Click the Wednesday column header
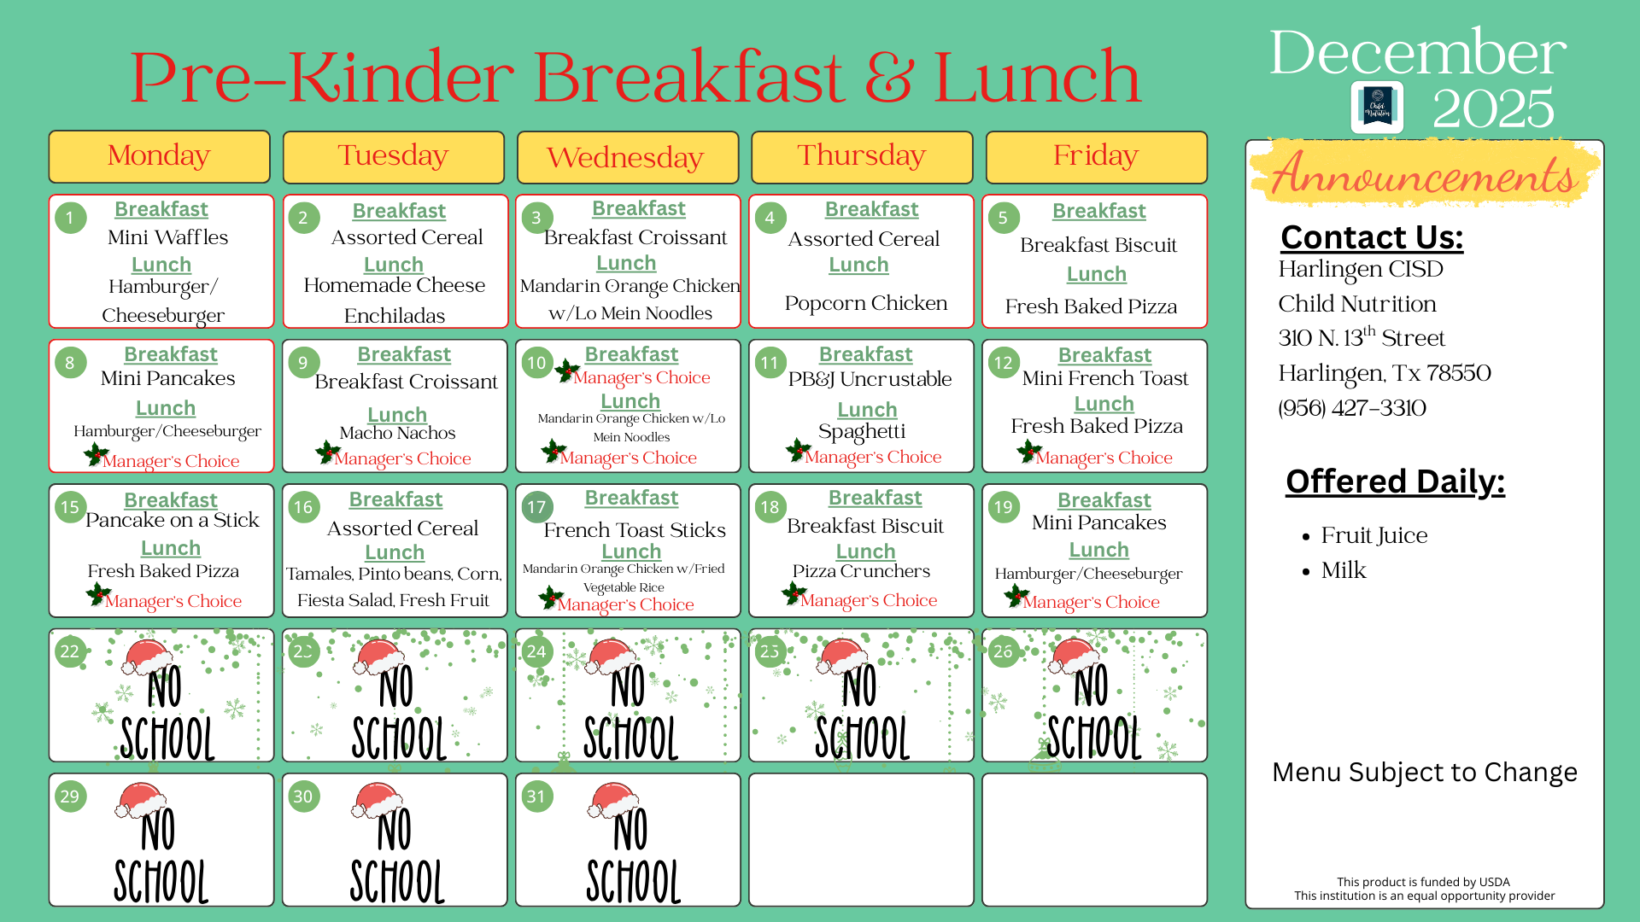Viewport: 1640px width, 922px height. click(x=626, y=157)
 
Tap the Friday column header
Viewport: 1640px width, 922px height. click(x=1096, y=156)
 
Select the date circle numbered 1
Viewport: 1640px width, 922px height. click(x=70, y=218)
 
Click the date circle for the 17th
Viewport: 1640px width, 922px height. click(x=536, y=507)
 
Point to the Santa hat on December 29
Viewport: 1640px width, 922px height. click(x=141, y=800)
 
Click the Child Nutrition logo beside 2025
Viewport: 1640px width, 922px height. click(x=1376, y=108)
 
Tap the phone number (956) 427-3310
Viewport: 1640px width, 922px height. click(x=1352, y=408)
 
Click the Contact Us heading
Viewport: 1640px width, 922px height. click(x=1372, y=236)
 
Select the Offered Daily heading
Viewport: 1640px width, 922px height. click(x=1395, y=481)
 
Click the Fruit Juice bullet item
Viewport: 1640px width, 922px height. click(x=1373, y=535)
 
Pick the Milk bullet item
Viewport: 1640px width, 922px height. click(x=1344, y=570)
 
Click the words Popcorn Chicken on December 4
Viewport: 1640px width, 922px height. click(x=865, y=303)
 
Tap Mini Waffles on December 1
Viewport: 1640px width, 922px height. click(x=167, y=237)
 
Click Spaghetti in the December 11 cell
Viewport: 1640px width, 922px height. click(x=861, y=432)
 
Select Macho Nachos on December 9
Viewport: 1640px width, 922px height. click(x=397, y=433)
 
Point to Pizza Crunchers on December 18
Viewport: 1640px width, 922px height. click(x=861, y=571)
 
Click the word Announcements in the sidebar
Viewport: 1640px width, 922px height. click(x=1423, y=176)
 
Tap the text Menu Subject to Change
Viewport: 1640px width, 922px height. click(x=1424, y=772)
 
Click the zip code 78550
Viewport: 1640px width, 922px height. click(x=1458, y=373)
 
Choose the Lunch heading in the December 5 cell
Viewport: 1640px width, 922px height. click(x=1096, y=274)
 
